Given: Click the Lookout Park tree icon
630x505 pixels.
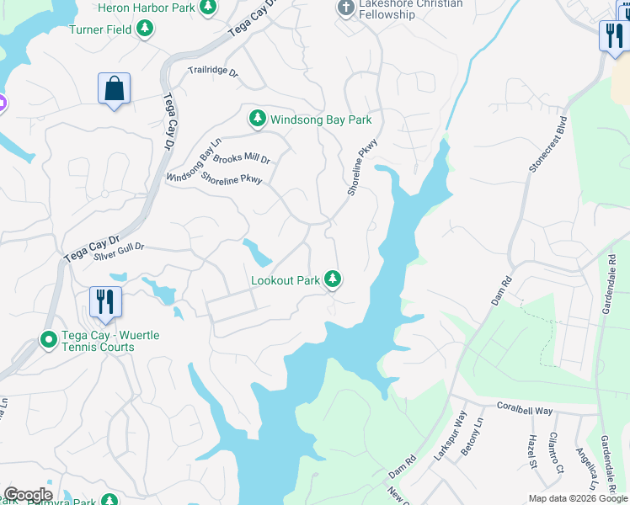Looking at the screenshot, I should coord(334,279).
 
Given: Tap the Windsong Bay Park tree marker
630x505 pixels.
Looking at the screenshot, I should coord(258,120).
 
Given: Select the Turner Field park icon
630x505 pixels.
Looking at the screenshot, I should coord(146,29).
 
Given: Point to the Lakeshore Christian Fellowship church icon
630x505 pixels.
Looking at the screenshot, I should coord(344,8).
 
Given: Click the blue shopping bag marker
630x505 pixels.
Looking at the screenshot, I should coord(114,88).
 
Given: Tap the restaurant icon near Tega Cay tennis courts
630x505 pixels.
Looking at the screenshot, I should coord(105,301).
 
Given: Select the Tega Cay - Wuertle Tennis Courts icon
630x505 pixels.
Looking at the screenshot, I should coord(49,341).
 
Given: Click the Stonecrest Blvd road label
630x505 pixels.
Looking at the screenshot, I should coord(547,142).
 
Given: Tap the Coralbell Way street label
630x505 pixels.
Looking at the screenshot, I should coord(524,411).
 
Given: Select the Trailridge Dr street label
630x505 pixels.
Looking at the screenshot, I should coord(213,72).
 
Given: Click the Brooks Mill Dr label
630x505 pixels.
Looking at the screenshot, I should coord(241,158).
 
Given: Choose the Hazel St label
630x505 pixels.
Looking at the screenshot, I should coord(532,452).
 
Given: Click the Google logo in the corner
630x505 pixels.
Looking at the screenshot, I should coord(27,495).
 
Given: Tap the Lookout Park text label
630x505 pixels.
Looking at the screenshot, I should coord(286,280).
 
